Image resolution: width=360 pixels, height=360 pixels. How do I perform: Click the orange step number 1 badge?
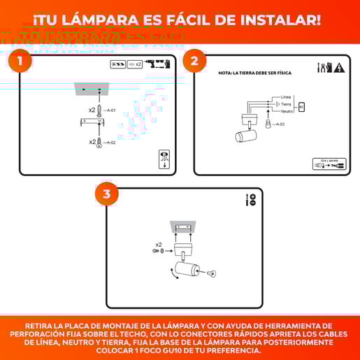(x=20, y=61)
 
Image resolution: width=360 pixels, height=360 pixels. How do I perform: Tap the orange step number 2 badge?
(x=194, y=61)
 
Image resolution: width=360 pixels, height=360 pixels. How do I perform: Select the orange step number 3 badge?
(x=106, y=194)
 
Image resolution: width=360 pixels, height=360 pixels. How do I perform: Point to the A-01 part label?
(x=111, y=110)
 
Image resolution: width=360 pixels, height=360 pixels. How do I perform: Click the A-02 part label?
(x=111, y=142)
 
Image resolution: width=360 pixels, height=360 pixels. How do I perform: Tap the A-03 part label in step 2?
(x=280, y=124)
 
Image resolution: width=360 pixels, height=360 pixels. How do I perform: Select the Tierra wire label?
(x=286, y=103)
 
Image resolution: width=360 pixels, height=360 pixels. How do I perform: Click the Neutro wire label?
(x=287, y=111)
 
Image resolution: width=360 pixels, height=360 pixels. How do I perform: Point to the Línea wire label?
(x=285, y=96)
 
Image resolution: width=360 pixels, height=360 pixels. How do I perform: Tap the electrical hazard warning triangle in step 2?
(x=339, y=68)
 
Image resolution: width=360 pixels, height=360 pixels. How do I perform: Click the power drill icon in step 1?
(x=162, y=64)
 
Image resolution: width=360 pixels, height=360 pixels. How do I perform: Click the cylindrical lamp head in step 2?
(x=247, y=134)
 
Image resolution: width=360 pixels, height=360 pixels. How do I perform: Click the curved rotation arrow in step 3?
(x=170, y=273)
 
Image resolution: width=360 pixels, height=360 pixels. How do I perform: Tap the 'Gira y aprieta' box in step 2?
(x=329, y=164)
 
